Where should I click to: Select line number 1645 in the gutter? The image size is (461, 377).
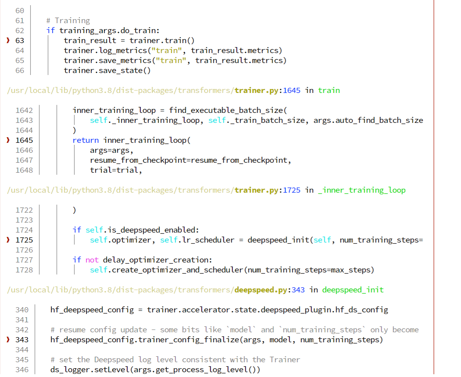tap(24, 140)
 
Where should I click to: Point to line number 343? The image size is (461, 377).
tap(22, 339)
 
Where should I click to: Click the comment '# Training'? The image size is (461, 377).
tap(68, 20)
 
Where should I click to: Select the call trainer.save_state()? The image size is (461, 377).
tap(107, 70)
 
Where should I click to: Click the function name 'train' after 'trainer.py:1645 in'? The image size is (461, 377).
tap(329, 90)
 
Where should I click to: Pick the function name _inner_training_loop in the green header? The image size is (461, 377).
tap(362, 190)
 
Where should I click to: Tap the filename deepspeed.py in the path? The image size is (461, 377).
tap(261, 290)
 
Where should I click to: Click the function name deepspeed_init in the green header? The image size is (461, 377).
tap(353, 290)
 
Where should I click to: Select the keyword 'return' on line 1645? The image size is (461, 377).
tap(85, 140)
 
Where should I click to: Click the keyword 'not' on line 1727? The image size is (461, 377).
tap(92, 260)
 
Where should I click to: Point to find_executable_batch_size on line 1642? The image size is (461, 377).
tap(226, 110)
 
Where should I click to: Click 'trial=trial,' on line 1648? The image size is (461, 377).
tap(116, 170)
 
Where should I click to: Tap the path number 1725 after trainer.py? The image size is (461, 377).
tap(292, 190)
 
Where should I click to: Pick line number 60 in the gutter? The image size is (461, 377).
tap(20, 10)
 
